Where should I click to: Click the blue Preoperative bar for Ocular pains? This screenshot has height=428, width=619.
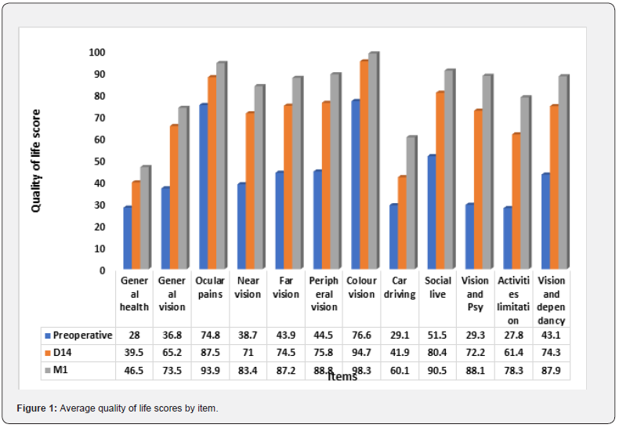point(204,187)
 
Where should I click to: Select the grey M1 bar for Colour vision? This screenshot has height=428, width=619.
point(374,161)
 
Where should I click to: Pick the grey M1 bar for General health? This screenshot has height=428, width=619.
point(145,218)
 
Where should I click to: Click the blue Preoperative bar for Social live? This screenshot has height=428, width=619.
point(432,212)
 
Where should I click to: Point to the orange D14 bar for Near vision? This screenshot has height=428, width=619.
point(250,191)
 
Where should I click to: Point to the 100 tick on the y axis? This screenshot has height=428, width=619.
point(97,52)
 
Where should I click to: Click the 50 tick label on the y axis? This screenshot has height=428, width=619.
point(100,161)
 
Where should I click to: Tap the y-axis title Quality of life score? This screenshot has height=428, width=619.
point(35,161)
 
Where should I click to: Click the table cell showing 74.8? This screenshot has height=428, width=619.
point(211,336)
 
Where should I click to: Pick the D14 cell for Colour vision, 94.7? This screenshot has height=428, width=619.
point(362,353)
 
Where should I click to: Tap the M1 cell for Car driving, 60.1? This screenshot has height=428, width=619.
point(400,371)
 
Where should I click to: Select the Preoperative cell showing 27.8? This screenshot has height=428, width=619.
point(513,336)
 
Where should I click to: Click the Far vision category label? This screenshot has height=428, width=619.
point(286,288)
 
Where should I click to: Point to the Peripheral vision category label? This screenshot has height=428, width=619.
point(324,294)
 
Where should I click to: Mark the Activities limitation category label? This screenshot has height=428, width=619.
point(513,300)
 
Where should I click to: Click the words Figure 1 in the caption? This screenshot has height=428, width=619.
point(37,408)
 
